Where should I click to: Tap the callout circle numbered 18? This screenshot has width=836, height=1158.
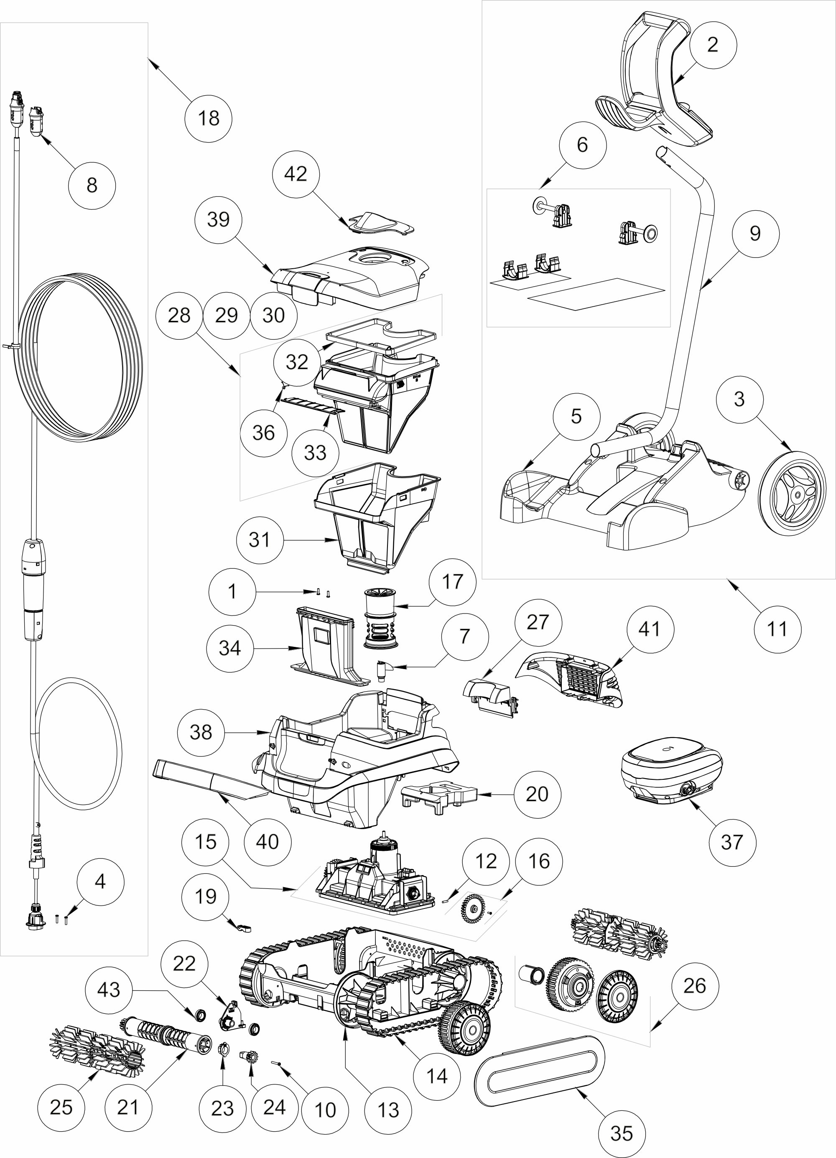point(208,118)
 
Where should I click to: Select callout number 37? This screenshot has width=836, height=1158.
point(732,842)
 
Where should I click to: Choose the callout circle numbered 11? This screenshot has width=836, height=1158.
point(777,629)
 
